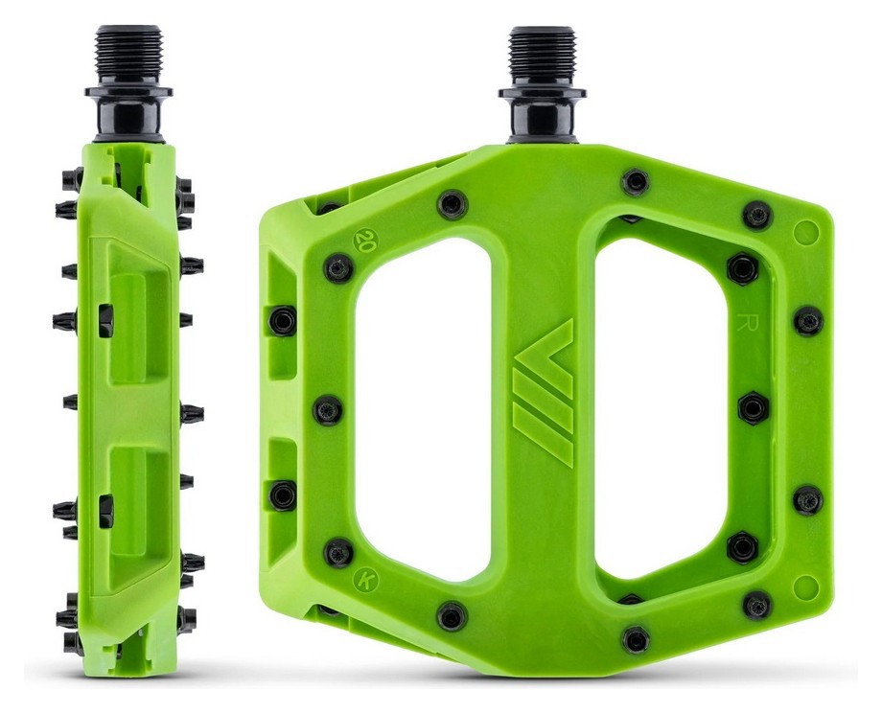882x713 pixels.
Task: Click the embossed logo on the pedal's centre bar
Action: coord(543,393)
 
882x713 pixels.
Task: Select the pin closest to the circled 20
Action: coord(338,267)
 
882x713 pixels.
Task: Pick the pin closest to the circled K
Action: coord(338,552)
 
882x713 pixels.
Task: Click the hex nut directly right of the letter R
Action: coord(807,321)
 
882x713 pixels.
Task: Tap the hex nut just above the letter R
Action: coord(742,268)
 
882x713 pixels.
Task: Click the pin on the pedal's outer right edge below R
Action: coord(807,499)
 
